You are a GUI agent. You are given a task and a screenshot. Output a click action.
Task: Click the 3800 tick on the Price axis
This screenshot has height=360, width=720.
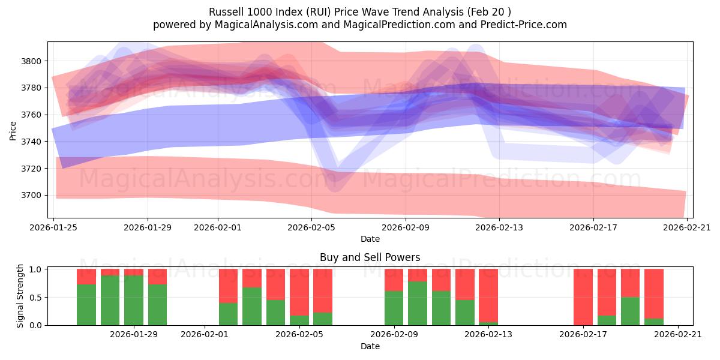[33, 61]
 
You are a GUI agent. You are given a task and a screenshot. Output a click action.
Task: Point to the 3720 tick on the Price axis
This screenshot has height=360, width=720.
[33, 169]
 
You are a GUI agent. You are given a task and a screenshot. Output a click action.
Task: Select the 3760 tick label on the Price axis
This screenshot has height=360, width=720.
[33, 115]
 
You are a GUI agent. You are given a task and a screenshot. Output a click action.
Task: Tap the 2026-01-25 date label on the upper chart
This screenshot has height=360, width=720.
[54, 227]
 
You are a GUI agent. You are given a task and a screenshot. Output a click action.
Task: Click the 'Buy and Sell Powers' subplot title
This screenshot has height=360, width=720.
[370, 257]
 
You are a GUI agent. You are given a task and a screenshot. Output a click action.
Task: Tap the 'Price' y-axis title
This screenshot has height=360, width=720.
[13, 130]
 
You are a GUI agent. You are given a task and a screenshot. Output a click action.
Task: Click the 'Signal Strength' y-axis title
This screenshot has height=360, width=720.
[20, 296]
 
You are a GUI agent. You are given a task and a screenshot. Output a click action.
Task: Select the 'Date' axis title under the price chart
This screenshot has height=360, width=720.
[370, 239]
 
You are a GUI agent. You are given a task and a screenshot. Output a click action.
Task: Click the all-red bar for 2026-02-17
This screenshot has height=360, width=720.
[583, 297]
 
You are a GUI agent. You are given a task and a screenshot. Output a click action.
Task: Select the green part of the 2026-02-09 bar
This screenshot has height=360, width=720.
[394, 308]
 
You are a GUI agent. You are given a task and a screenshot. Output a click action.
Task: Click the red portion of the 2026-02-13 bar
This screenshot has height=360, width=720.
[488, 295]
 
